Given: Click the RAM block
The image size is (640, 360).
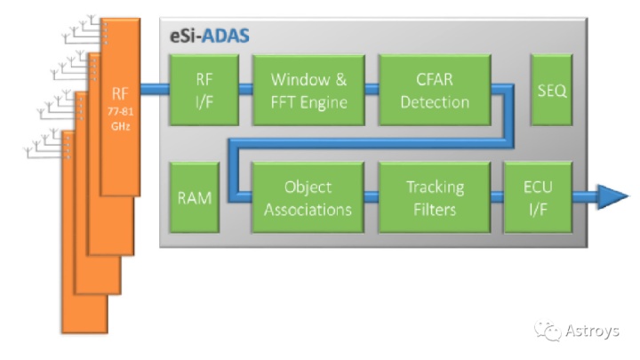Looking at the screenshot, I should [194, 198].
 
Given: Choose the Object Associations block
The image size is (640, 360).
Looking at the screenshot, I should [308, 198].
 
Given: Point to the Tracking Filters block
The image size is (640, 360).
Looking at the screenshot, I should [434, 198].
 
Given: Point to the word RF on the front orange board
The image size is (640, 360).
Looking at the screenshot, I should [120, 94].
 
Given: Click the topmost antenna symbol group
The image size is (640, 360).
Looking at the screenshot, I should [84, 29].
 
